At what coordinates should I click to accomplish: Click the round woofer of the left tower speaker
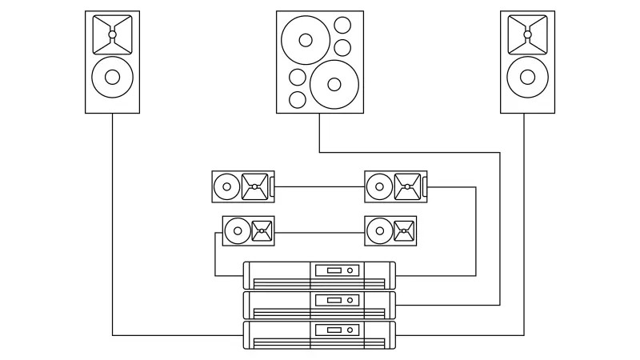tap(112, 77)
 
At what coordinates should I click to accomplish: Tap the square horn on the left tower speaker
tap(112, 34)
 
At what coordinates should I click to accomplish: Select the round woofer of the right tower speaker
tap(527, 77)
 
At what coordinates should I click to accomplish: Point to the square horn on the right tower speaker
tap(527, 34)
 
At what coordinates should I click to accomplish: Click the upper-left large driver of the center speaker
tap(305, 39)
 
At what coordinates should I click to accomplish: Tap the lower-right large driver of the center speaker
tap(334, 82)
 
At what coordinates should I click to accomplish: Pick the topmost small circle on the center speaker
tap(342, 25)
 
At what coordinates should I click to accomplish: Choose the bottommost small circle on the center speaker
tap(297, 100)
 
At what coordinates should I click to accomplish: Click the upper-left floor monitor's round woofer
tap(226, 187)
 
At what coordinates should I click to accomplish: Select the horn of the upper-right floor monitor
tap(407, 187)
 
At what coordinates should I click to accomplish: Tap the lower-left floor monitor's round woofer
tap(237, 231)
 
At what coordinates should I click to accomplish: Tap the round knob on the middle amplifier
tap(350, 300)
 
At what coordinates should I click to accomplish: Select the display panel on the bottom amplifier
tap(328, 330)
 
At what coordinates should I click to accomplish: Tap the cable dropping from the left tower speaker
tap(112, 224)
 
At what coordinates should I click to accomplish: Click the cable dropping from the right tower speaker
tap(524, 224)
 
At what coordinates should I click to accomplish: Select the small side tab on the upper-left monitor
tap(272, 187)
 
